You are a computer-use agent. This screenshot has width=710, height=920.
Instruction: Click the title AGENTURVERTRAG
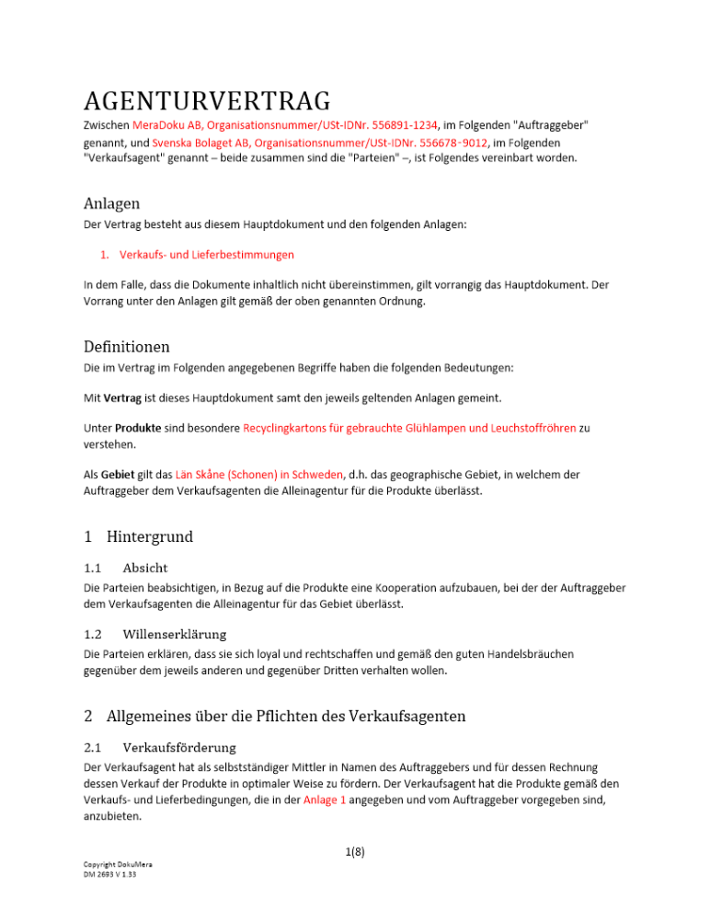pos(207,100)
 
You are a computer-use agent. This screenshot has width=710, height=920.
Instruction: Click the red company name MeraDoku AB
pos(167,124)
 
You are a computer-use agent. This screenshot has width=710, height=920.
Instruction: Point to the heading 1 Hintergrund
pos(138,535)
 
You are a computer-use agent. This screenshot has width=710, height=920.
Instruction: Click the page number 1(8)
pos(354,851)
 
